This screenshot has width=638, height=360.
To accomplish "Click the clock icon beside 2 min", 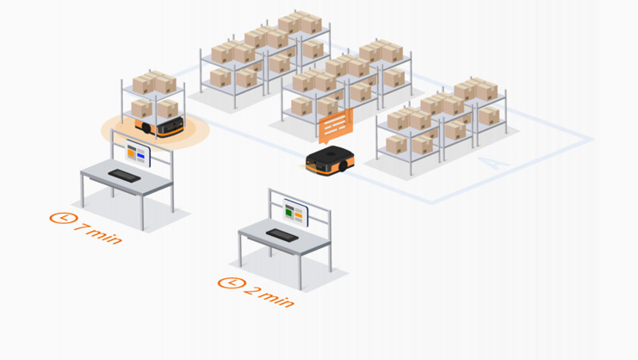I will [229, 282].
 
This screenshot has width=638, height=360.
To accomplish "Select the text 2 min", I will [269, 295].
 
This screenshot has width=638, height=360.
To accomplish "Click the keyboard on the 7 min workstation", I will [125, 175].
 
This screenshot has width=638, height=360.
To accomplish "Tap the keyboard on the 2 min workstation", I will [282, 234].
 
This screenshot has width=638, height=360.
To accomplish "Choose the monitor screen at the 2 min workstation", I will [295, 212].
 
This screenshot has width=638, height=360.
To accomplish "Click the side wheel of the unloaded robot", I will [342, 168].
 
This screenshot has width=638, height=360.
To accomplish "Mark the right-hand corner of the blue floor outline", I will [592, 140].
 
